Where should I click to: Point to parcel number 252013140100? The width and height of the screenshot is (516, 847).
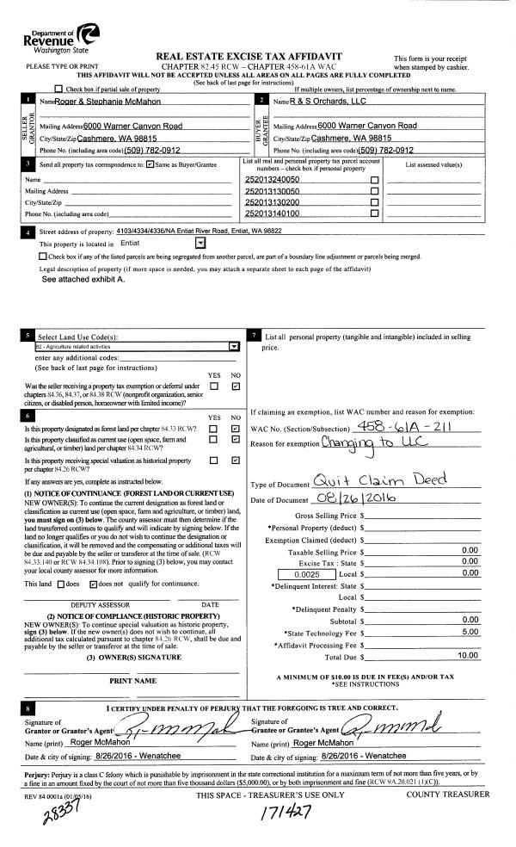tap(273, 213)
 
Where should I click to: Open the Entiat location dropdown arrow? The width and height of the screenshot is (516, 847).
tap(200, 244)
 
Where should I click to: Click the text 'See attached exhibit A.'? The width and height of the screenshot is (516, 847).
tap(83, 280)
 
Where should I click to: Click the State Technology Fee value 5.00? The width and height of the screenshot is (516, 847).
tap(470, 607)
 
